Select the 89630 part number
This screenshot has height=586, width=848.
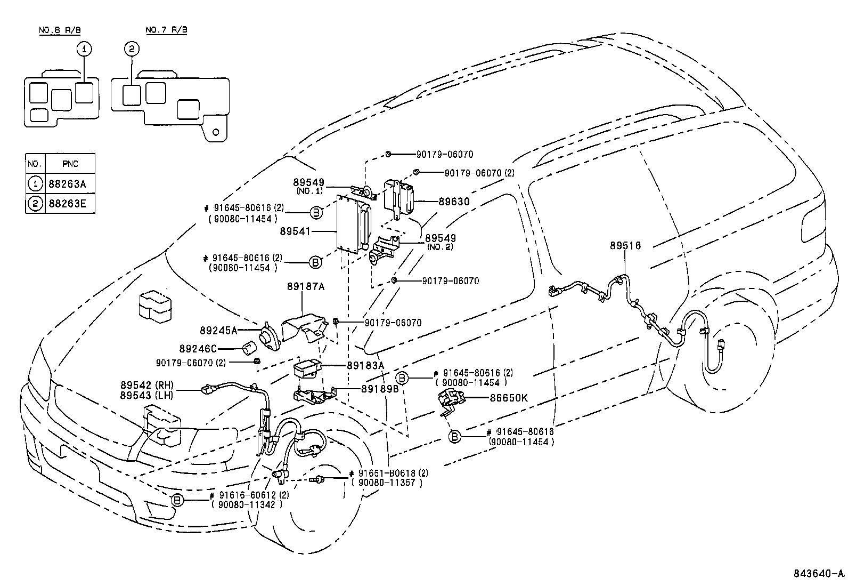point(454,202)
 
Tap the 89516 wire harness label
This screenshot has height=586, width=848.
point(625,246)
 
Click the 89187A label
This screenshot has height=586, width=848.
point(307,286)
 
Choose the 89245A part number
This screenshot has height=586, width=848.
point(218,331)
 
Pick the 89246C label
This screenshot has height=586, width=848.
point(198,349)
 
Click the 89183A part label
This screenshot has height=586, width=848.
point(365,365)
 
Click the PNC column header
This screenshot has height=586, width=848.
point(70,164)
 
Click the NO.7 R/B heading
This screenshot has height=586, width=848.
point(166,30)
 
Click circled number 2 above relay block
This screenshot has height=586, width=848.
point(132,49)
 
